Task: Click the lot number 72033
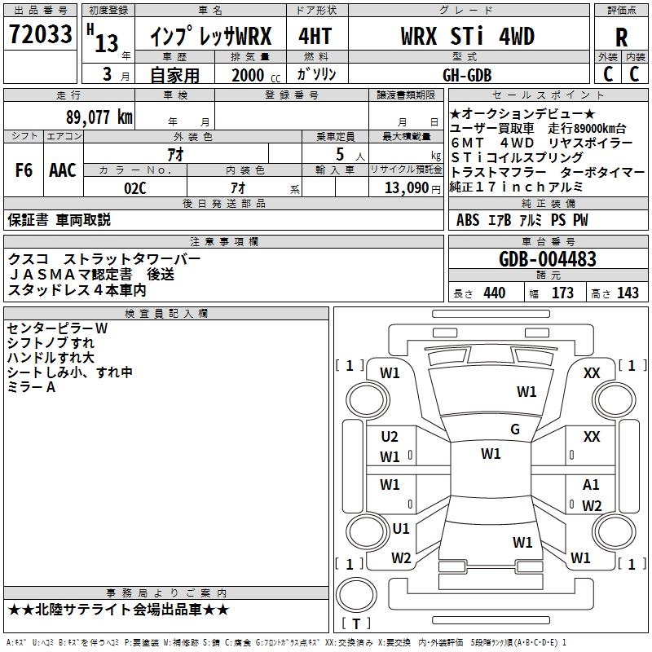41,35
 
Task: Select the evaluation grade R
621,37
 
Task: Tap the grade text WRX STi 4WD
467,37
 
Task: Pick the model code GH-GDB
467,74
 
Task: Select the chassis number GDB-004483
547,259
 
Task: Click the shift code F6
24,170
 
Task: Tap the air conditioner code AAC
62,170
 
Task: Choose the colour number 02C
135,187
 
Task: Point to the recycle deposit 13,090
406,187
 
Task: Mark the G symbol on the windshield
514,430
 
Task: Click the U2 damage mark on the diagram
390,437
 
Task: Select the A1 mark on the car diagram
591,485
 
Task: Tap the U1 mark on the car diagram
400,528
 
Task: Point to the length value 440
494,293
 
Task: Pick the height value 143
628,293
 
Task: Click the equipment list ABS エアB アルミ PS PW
522,220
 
